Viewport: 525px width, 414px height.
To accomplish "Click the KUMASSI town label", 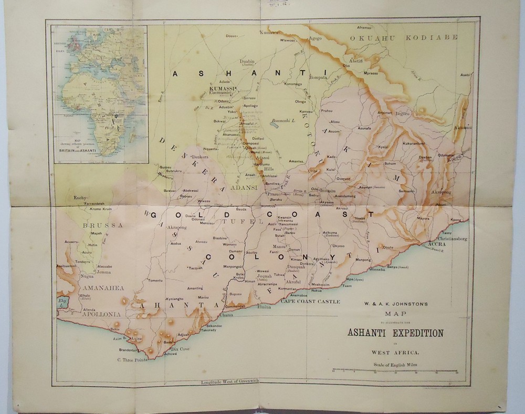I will (222, 88).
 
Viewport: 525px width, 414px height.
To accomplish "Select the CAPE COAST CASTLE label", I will (310, 302).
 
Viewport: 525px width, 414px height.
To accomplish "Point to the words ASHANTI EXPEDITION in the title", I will (394, 333).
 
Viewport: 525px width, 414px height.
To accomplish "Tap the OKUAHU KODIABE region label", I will (404, 37).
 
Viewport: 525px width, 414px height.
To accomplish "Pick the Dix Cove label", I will (180, 349).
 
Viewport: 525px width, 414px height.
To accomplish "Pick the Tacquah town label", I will (195, 268).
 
